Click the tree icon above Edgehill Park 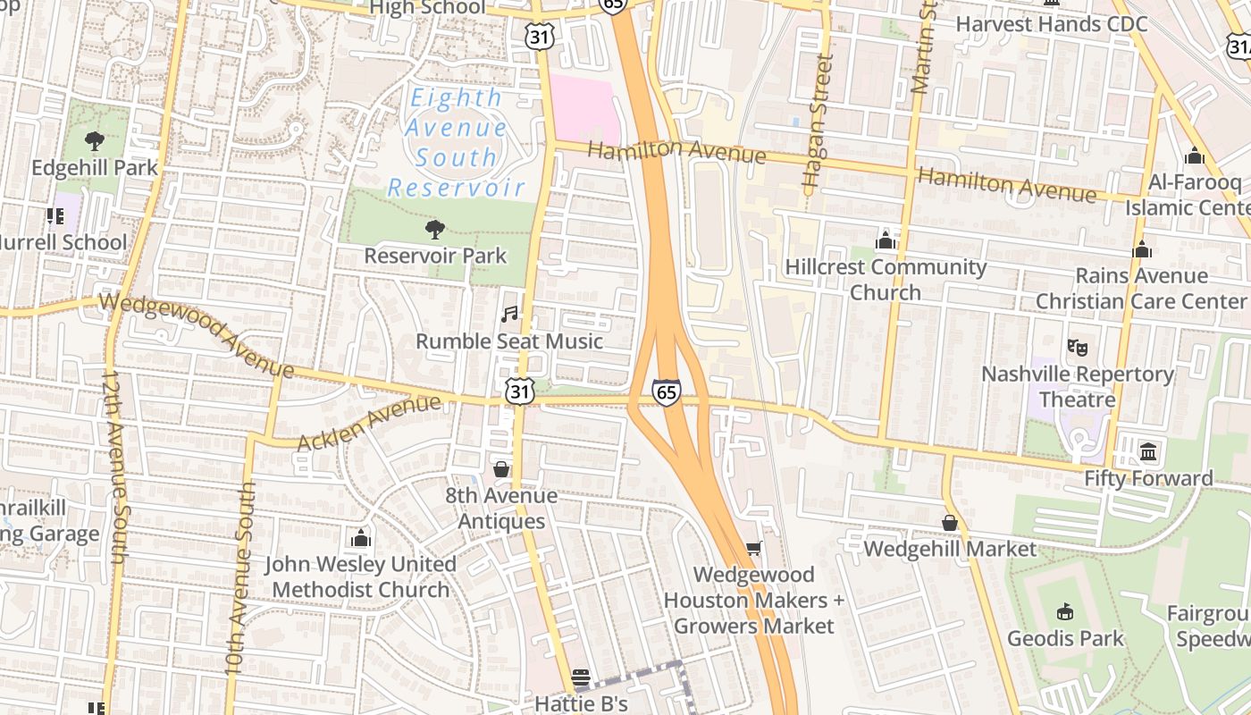click(x=94, y=141)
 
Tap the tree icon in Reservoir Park click(x=435, y=230)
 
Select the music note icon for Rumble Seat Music click(x=509, y=315)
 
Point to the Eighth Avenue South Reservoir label click(x=456, y=142)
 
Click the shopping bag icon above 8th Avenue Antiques click(x=501, y=469)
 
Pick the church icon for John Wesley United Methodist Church click(x=360, y=538)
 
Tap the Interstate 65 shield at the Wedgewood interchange click(x=666, y=391)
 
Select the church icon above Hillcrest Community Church click(x=886, y=240)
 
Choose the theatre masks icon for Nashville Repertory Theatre click(x=1078, y=347)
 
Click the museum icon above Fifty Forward click(x=1148, y=451)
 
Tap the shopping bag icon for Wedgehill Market click(x=950, y=523)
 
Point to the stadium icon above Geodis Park click(x=1064, y=612)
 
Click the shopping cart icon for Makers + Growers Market click(x=753, y=548)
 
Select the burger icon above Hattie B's click(x=581, y=677)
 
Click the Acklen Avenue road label click(x=368, y=423)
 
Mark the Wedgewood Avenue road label click(x=197, y=332)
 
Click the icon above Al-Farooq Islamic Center click(x=1195, y=156)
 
